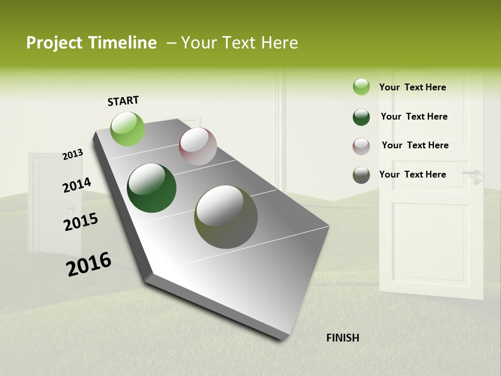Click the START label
pos(123,101)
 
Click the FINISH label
pos(342,338)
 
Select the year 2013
pos(73,155)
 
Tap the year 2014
pos(77,185)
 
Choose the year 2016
pos(89,264)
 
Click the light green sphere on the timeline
pos(128,128)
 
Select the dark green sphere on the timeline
pos(151,188)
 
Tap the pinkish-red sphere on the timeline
pos(198,146)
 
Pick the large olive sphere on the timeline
pos(226,217)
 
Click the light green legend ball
pos(361,87)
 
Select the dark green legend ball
pos(361,117)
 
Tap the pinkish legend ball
pos(361,146)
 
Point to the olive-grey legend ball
pos(361,175)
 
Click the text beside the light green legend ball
pos(412,87)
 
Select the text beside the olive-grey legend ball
pos(412,174)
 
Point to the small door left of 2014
pos(47,204)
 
